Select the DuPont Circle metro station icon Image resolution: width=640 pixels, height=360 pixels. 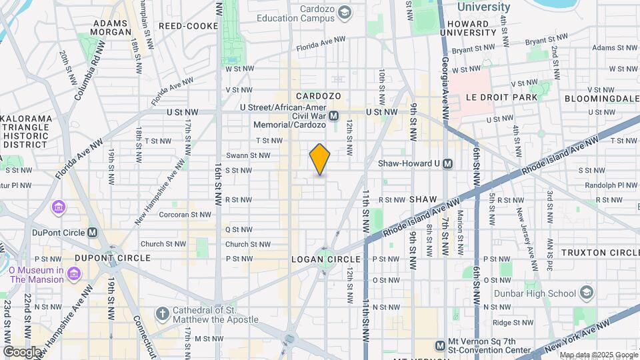93,233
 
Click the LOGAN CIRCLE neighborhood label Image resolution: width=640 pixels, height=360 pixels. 326,259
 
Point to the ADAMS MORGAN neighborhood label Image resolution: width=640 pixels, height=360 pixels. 110,27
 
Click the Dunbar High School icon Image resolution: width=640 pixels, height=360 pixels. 586,293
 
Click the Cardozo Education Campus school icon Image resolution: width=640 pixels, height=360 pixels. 344,13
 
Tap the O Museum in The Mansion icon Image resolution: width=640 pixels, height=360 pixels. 74,274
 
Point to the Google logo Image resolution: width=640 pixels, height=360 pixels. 23,351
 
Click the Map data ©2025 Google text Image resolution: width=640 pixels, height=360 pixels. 598,355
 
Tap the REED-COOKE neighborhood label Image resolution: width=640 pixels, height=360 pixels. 188,26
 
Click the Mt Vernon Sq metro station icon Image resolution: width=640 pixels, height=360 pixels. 440,345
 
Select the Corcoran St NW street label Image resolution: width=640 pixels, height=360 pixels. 185,214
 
